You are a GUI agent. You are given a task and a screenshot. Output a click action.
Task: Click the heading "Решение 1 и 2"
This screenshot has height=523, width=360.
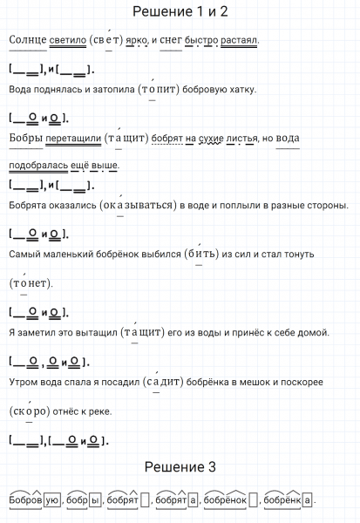pos(180,11)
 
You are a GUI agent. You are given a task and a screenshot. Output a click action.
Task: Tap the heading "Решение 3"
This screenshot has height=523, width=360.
pos(180,467)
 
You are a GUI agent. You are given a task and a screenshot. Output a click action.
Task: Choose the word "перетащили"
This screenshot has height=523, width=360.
pos(71,138)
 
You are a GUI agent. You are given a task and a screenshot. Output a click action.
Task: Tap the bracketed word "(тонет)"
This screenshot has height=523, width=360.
pos(31,283)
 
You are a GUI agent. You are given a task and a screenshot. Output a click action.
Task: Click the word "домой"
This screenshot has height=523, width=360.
pos(313,332)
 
